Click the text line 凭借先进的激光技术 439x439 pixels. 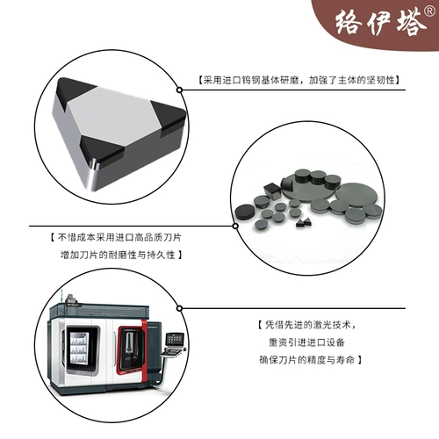click(313, 324)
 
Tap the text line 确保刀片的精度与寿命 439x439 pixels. click(311, 359)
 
